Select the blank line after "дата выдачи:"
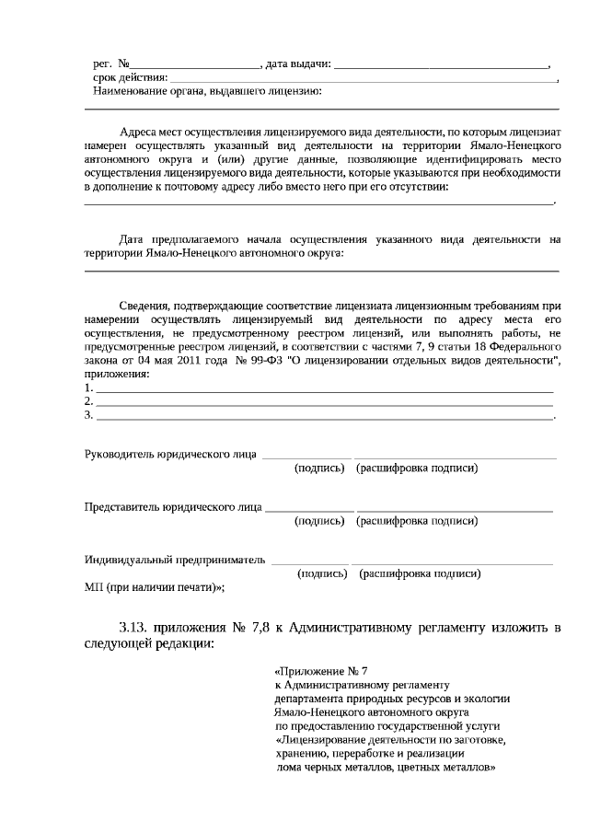pos(441,66)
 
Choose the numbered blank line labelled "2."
pos(322,402)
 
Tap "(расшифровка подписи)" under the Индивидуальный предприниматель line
pos(422,573)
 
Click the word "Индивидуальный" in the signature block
pos(130,559)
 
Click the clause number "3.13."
pos(134,629)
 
